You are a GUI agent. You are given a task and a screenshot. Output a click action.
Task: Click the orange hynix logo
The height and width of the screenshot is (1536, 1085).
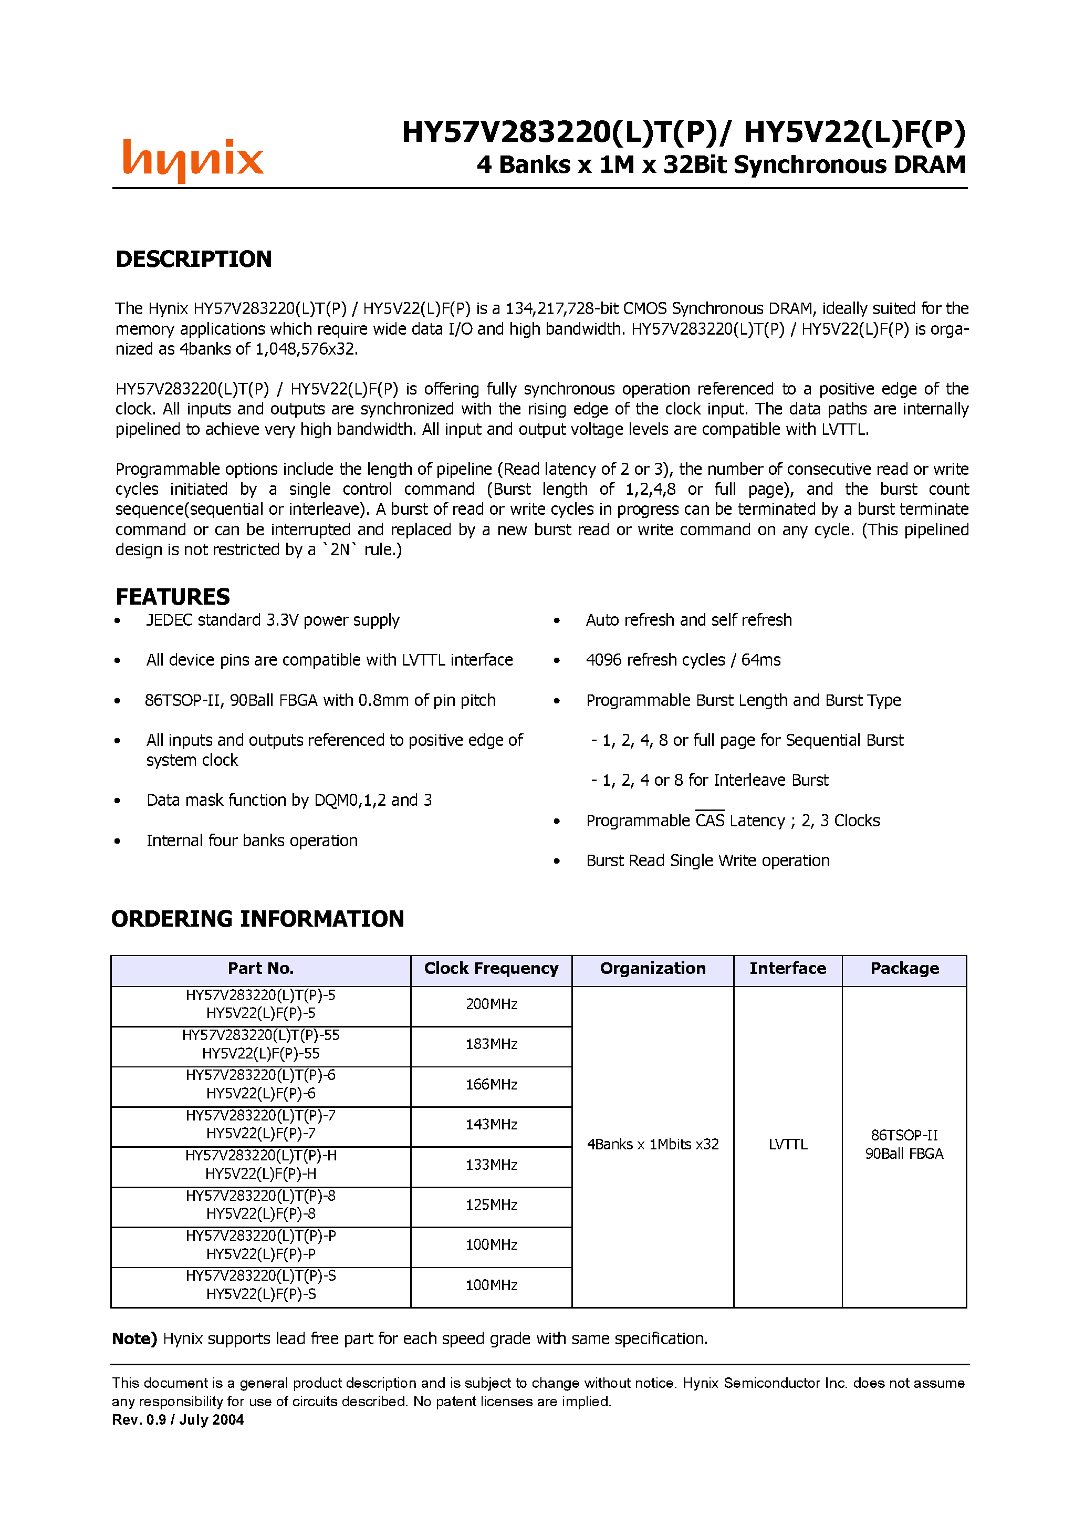[193, 161]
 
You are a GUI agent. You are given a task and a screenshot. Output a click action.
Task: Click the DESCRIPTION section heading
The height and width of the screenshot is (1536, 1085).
[193, 260]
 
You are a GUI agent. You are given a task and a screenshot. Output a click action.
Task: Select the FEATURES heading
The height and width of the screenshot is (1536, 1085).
[173, 597]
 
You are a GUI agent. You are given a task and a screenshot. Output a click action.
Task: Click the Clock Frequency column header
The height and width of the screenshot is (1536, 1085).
[491, 969]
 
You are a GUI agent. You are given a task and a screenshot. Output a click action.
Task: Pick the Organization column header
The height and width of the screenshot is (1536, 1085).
[652, 969]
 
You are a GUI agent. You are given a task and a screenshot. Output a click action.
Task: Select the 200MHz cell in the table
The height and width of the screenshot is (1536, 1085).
[491, 1004]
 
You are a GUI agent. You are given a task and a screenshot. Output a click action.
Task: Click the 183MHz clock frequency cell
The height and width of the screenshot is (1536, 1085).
[491, 1044]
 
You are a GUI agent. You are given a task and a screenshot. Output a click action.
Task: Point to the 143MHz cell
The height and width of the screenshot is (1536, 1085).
[491, 1125]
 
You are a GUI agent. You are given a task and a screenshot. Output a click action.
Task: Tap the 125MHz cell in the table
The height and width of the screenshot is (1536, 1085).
[491, 1205]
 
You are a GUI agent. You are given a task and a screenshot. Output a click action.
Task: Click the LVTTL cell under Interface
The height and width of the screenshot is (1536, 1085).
[787, 1145]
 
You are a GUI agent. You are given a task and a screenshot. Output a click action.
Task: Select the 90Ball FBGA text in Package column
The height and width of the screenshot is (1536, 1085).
[904, 1154]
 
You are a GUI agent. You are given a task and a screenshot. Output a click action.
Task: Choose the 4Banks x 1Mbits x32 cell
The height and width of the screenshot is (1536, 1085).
[652, 1145]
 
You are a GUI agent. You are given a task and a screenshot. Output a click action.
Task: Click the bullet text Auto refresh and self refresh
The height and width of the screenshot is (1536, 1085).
[688, 620]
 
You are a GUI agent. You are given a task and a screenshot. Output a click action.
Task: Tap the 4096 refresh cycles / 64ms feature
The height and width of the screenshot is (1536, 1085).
[683, 660]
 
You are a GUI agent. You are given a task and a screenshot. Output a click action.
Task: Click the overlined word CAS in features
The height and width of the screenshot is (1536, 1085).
[710, 821]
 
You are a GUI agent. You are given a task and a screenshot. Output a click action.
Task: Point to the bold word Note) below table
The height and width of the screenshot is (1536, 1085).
[134, 1338]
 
